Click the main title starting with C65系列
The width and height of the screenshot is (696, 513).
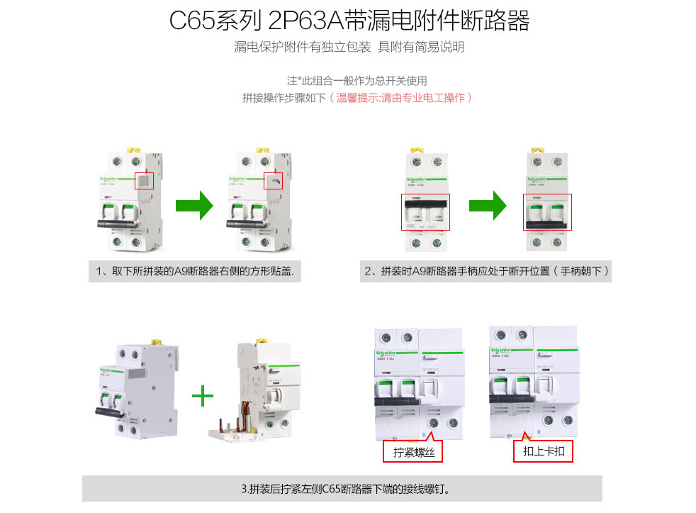(x=349, y=21)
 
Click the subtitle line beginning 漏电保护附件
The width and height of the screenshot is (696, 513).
(x=349, y=48)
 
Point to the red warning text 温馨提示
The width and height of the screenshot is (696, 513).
(x=400, y=98)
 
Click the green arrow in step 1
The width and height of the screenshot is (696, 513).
(x=194, y=206)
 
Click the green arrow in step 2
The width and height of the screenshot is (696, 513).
(x=487, y=206)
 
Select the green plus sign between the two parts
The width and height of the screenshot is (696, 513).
(x=203, y=396)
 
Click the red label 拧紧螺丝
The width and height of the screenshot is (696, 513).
(x=414, y=452)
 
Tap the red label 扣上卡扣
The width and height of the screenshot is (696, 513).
(x=543, y=451)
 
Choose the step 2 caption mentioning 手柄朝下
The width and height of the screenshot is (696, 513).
(x=485, y=271)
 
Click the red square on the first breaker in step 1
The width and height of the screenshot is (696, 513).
(x=145, y=181)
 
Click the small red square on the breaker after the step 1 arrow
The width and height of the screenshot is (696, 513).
(x=273, y=182)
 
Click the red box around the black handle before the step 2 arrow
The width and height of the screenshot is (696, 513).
(x=425, y=211)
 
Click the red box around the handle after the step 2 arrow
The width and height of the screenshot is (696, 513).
(x=547, y=211)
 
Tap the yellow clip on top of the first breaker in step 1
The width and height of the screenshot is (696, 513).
(x=132, y=150)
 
